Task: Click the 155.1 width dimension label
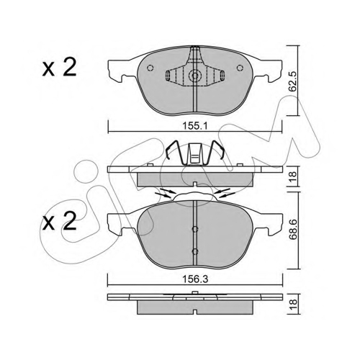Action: (x=194, y=126)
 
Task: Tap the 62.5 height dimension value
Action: (x=294, y=81)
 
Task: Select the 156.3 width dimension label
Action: (x=194, y=279)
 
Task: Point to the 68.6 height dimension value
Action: (x=294, y=230)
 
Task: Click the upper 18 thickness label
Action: (x=294, y=177)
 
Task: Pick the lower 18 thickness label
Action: (x=294, y=305)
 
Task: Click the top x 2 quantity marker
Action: (x=59, y=68)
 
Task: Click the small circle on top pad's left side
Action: (x=150, y=68)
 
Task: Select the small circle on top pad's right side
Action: (x=240, y=68)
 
